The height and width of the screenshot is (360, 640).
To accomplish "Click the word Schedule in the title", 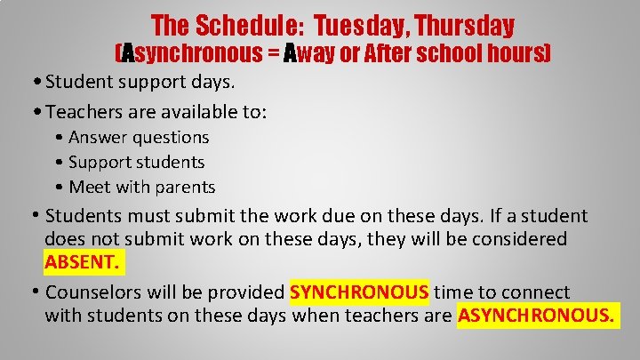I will (233, 26).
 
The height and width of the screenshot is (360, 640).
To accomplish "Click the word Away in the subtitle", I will (313, 54).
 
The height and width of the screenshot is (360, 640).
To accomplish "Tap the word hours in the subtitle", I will (518, 54).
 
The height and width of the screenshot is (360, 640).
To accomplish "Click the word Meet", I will (90, 188).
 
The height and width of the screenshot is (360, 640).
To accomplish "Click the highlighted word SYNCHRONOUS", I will (359, 292).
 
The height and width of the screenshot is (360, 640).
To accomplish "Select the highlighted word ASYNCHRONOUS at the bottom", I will (537, 316).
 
